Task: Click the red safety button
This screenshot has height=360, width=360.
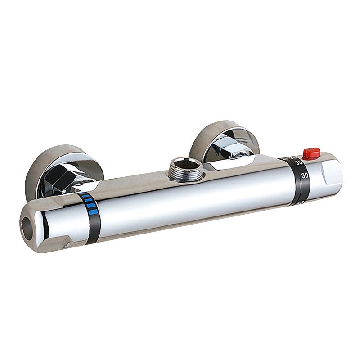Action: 311,154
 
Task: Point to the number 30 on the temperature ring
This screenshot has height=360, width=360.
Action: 304,176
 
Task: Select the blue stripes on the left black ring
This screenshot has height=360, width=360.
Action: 90,203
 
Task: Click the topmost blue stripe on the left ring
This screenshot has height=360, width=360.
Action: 87,195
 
